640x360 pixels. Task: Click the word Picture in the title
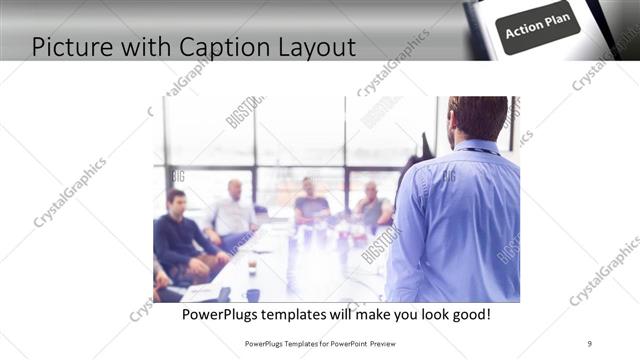click(x=70, y=46)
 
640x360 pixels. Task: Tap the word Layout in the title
click(x=311, y=46)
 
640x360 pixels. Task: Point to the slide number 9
click(x=590, y=344)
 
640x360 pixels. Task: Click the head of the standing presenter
click(x=478, y=118)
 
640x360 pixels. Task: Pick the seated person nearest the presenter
click(x=372, y=207)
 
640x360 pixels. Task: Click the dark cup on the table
click(x=252, y=294)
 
